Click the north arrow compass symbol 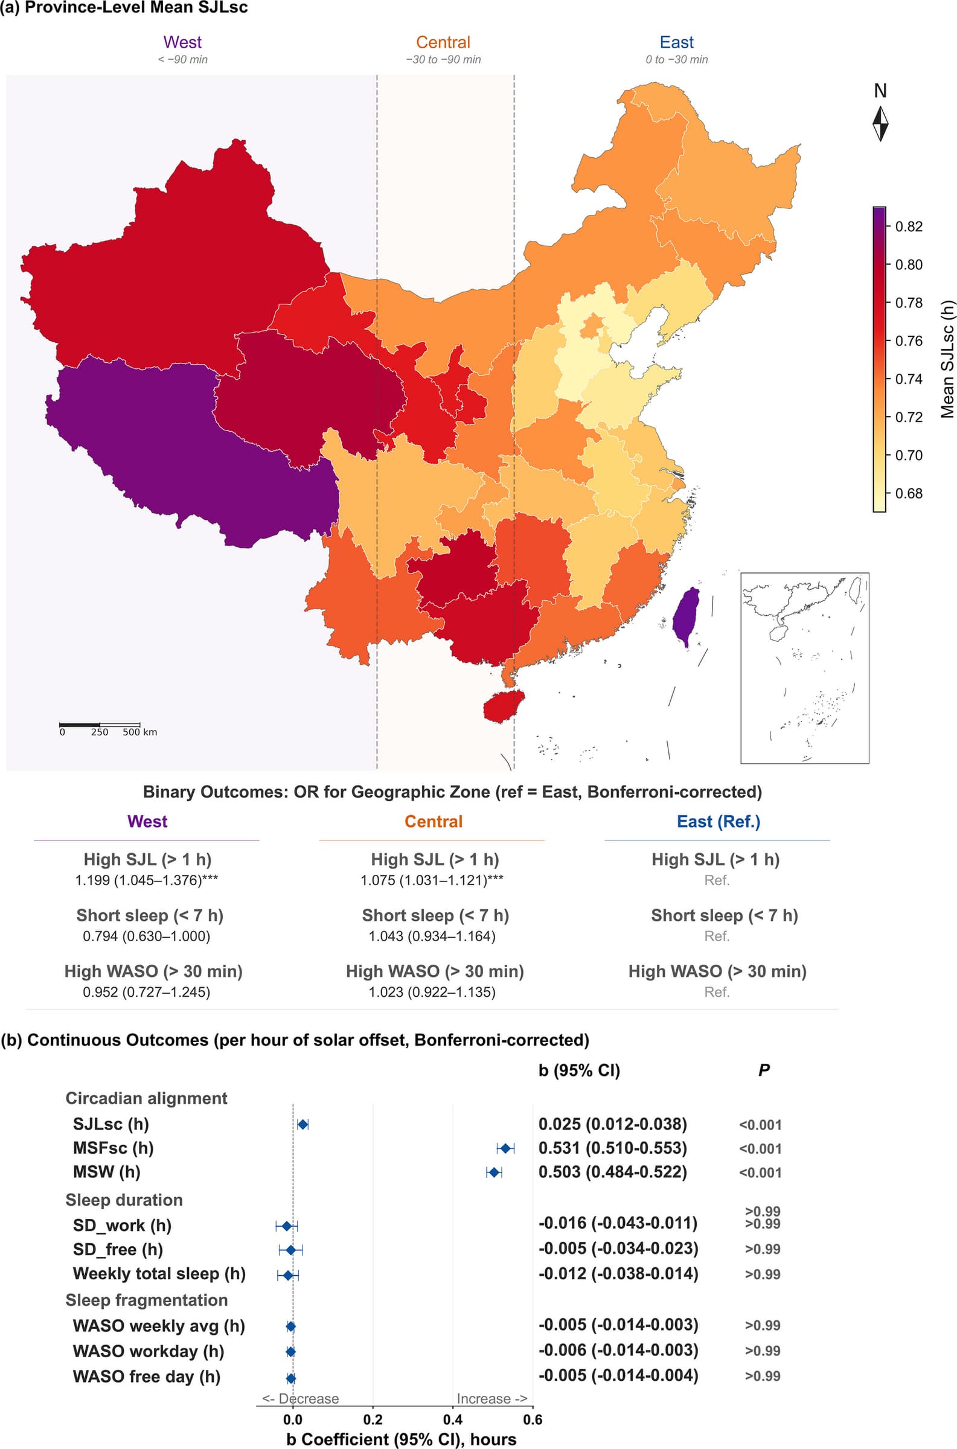[880, 124]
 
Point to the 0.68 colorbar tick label [908, 493]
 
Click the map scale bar [100, 724]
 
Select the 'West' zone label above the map [182, 42]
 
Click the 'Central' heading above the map [443, 42]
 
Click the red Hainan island [504, 706]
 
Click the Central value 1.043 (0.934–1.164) [432, 936]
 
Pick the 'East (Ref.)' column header [719, 821]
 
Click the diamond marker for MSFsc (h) [505, 1148]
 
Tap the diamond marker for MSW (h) [494, 1172]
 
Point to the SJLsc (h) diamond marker [302, 1124]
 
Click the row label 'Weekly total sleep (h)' [159, 1274]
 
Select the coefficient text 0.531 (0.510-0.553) [613, 1148]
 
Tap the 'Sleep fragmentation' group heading [147, 1300]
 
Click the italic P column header [764, 1070]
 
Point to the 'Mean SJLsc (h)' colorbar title [947, 359]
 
